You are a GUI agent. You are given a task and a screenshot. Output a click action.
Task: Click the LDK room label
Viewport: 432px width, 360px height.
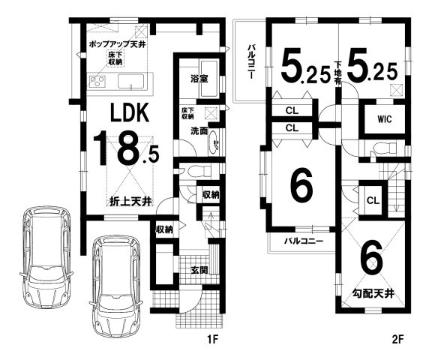[x=130, y=112]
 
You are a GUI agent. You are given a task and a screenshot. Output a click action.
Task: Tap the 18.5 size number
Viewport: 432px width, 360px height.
[x=126, y=148]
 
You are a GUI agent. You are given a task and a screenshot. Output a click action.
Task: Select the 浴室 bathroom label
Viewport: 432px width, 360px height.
[x=199, y=79]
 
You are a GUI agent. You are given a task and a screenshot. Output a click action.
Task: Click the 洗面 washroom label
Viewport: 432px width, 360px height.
[x=199, y=130]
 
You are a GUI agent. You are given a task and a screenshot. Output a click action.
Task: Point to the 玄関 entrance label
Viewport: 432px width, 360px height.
[x=199, y=270]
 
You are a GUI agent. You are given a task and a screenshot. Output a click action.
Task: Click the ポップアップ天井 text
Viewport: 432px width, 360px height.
[x=118, y=44]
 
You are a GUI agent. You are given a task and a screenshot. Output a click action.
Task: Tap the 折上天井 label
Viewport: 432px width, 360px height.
[x=130, y=202]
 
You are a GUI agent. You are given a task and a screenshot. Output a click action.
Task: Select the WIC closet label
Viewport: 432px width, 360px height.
[x=384, y=119]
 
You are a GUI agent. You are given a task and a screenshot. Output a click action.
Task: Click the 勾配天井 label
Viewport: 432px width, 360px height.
[x=373, y=294]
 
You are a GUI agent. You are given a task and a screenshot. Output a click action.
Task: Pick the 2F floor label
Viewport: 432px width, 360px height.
[x=397, y=339]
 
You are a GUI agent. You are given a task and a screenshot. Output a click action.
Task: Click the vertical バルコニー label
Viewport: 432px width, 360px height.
[x=250, y=61]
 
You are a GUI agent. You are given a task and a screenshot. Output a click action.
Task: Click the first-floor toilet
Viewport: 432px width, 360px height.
[x=198, y=171]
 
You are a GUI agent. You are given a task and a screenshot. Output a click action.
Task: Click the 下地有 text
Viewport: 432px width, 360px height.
[x=337, y=73]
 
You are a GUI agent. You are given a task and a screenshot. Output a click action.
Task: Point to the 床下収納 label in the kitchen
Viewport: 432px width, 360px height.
[x=115, y=58]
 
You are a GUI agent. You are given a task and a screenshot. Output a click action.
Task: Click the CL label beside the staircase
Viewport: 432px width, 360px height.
[x=373, y=200]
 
